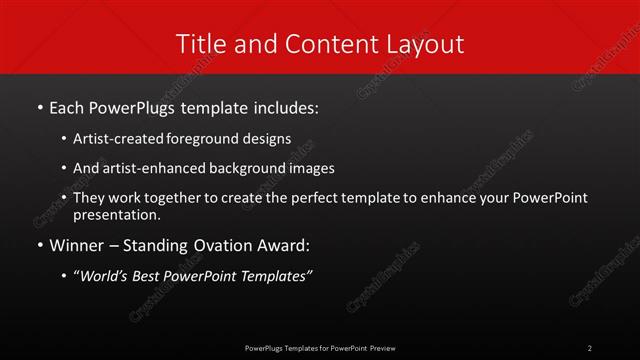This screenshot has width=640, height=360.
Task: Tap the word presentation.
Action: pyautogui.click(x=115, y=214)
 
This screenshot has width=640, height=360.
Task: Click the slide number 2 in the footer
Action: pyautogui.click(x=590, y=347)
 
